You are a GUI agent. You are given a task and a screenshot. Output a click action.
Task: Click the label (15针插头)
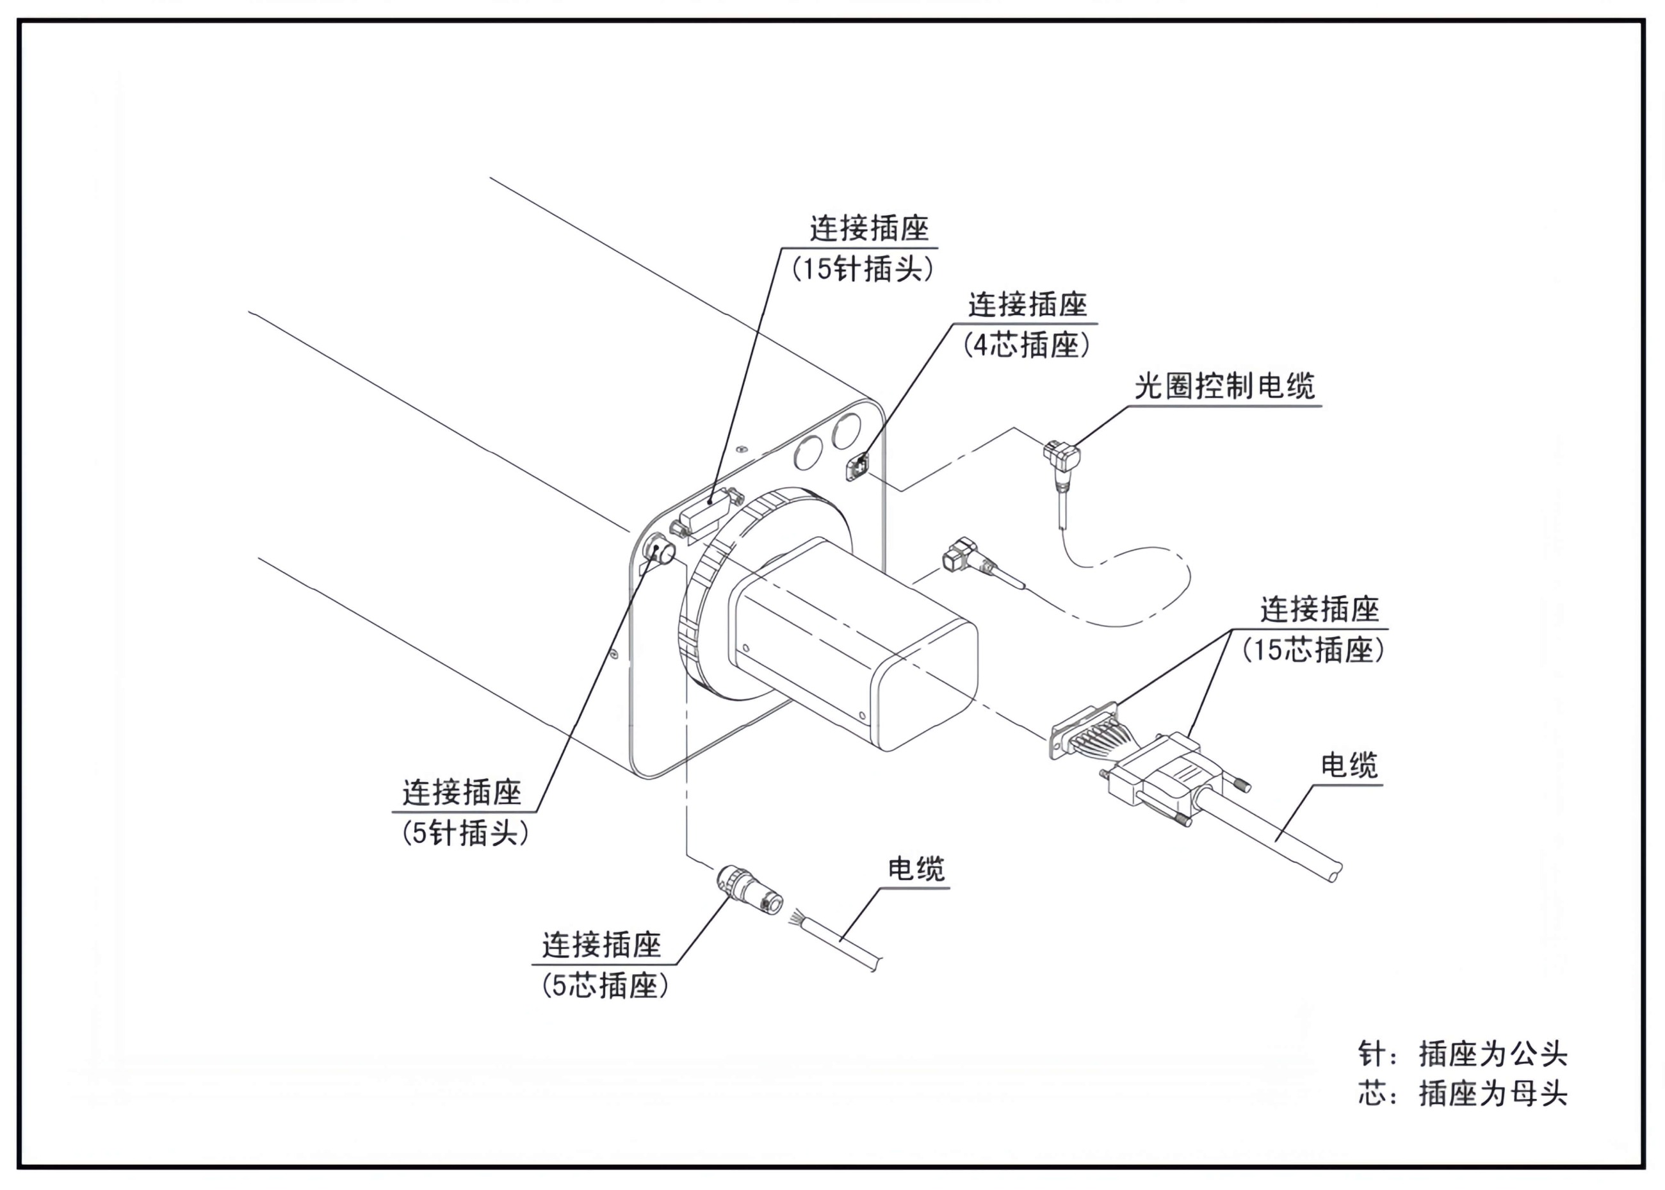click(862, 269)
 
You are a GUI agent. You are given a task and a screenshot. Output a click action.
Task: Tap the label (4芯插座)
click(1027, 345)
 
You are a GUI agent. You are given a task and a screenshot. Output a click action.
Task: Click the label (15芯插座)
click(1313, 649)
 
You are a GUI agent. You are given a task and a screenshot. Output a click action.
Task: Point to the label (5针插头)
click(465, 833)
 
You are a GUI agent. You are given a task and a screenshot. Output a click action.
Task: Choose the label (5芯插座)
click(605, 986)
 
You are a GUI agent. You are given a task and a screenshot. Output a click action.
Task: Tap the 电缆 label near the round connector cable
click(916, 869)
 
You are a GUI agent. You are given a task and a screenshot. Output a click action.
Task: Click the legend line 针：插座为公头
click(1462, 1054)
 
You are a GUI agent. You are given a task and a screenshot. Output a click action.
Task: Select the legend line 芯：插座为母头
click(1462, 1094)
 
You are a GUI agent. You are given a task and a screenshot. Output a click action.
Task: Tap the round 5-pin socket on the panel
click(658, 550)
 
